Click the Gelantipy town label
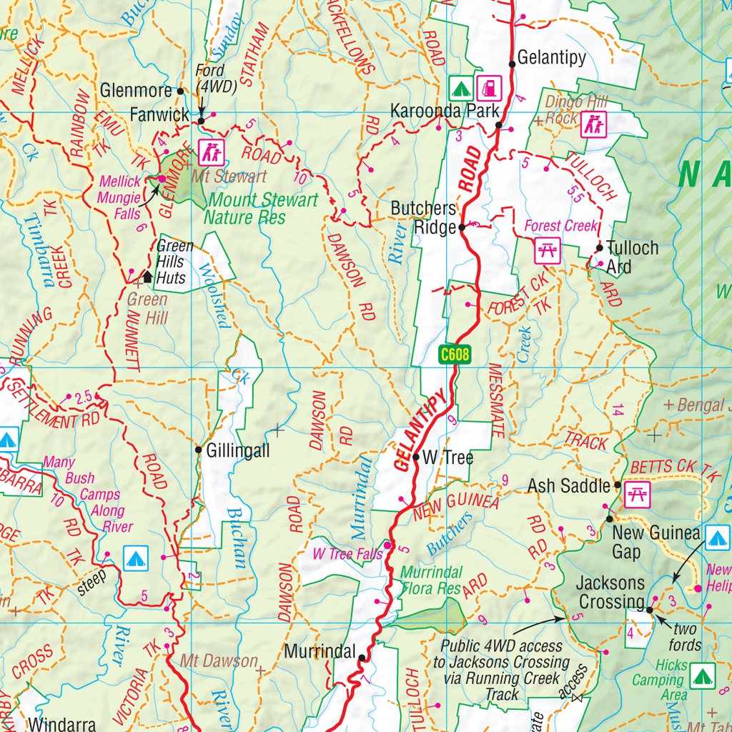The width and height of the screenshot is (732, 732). point(551,57)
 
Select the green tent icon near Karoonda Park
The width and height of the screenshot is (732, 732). point(460,89)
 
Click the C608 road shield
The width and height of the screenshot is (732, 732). point(454,354)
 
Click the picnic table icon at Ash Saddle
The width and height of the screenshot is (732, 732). point(635,494)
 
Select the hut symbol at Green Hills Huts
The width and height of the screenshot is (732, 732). point(147,276)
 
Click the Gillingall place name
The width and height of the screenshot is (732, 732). point(238,451)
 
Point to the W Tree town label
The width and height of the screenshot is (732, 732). point(447,457)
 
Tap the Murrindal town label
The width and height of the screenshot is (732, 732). point(320,652)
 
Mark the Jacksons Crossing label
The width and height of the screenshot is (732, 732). point(611,593)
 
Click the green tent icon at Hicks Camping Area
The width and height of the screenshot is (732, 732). point(703,673)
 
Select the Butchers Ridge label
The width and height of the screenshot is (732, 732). point(423,217)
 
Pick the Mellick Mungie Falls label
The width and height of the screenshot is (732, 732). point(121,198)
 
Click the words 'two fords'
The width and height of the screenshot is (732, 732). point(684,638)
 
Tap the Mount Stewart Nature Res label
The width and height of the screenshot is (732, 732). point(262,208)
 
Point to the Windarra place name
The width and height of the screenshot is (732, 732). point(62,723)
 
